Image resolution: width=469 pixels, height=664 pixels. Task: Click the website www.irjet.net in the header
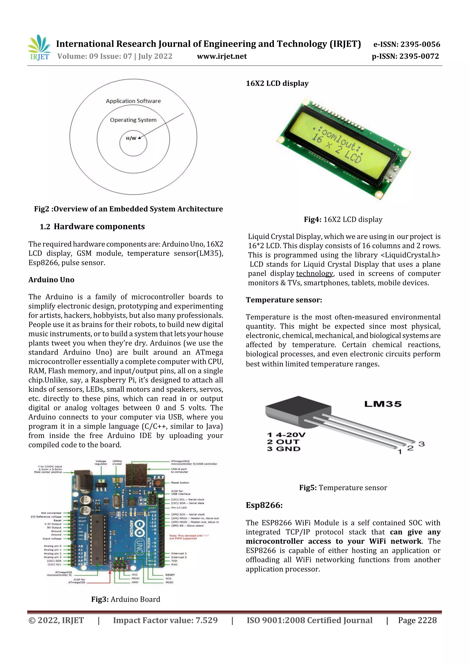(x=222, y=56)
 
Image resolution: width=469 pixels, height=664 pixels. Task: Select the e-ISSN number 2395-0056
(x=406, y=44)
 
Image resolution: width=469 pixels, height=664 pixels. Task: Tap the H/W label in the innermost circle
(x=131, y=138)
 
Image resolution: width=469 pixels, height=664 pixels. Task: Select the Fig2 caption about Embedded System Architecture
(x=128, y=209)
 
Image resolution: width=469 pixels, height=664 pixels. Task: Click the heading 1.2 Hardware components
(x=92, y=226)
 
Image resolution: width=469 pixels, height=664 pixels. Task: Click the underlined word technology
(x=314, y=274)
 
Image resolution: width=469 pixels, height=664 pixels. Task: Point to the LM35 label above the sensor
(x=383, y=404)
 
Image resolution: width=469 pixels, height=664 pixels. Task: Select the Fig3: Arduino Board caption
(x=125, y=599)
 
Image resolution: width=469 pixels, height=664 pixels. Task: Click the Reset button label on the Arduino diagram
(x=180, y=482)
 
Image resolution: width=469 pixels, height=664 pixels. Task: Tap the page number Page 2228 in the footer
(x=417, y=620)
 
